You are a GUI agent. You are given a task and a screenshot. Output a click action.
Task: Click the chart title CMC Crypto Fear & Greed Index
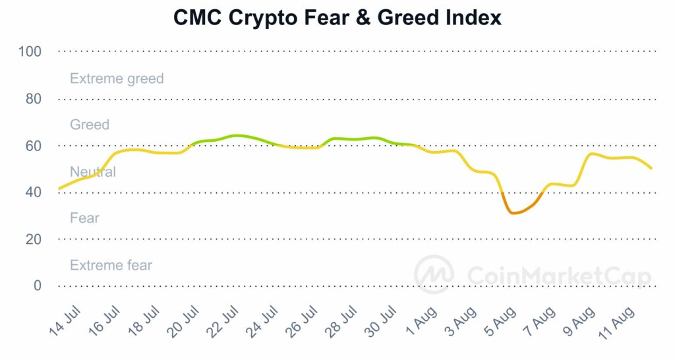[337, 18]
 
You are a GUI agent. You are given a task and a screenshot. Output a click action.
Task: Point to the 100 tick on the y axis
[31, 51]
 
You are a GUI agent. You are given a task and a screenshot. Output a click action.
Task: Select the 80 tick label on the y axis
[34, 99]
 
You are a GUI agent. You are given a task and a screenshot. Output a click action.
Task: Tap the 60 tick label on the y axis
[34, 146]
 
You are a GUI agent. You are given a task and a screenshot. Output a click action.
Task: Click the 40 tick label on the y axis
[34, 193]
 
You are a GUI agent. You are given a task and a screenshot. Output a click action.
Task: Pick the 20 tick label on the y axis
[34, 239]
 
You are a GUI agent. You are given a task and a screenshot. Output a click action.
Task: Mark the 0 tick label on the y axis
[38, 286]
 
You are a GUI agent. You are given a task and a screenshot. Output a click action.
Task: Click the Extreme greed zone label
[117, 78]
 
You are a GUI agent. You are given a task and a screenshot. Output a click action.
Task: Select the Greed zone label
[90, 125]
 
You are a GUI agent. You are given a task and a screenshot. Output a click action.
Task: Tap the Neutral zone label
[93, 172]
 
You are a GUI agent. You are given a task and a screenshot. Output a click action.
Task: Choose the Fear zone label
[84, 218]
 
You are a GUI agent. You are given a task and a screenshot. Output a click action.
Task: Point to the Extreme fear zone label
[111, 266]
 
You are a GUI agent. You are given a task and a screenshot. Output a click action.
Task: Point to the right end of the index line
[651, 168]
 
